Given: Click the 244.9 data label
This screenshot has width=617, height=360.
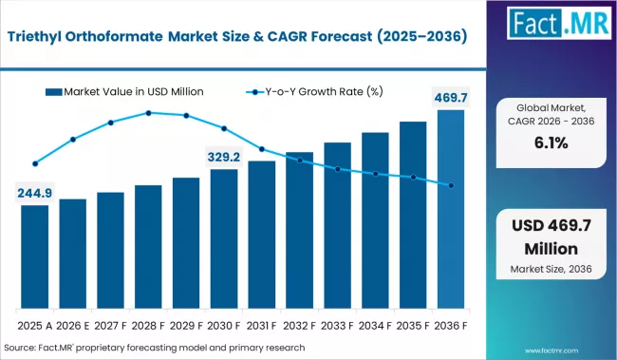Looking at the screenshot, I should pos(35,193).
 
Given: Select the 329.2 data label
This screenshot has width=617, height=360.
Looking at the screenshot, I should pos(224,157).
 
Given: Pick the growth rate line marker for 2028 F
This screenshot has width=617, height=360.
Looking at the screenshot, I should pos(148,113).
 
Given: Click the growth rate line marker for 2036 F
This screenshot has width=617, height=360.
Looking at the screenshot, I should pos(451,185).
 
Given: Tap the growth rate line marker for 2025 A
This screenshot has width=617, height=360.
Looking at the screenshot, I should pos(35,163).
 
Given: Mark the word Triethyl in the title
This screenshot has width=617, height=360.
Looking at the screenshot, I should pos(47,38).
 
